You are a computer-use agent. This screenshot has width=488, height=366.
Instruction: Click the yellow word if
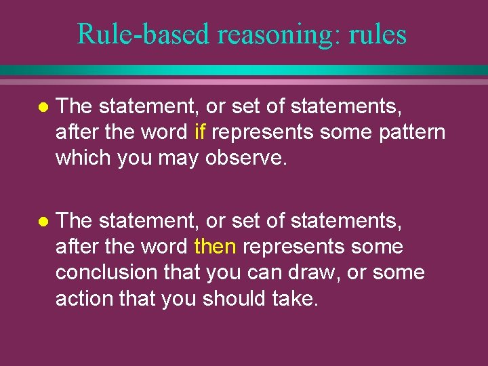point(199,131)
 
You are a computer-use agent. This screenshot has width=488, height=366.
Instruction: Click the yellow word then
point(215,247)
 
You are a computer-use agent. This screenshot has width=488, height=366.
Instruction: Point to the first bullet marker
point(43,106)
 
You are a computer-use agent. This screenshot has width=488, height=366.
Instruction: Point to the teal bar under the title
point(244,70)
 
